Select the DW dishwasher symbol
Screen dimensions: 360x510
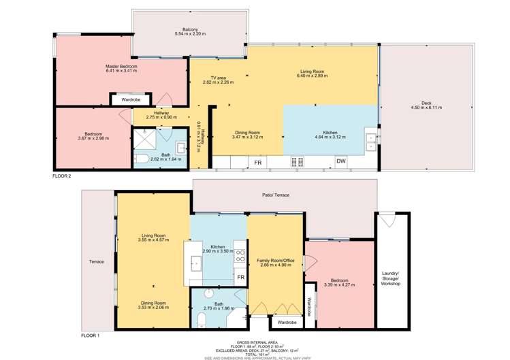point(340,161)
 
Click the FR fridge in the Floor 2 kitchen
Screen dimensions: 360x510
point(258,163)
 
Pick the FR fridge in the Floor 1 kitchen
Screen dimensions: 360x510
point(240,278)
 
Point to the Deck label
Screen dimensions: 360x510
point(426,103)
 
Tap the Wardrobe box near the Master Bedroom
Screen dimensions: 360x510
point(131,100)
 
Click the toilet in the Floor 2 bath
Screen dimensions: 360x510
point(141,160)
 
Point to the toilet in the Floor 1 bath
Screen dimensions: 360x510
point(201,320)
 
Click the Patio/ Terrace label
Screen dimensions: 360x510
point(276,195)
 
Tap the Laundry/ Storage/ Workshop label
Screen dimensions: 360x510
point(391,278)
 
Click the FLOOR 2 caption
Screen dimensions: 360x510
point(62,176)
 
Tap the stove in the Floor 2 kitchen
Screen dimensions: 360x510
point(298,162)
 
